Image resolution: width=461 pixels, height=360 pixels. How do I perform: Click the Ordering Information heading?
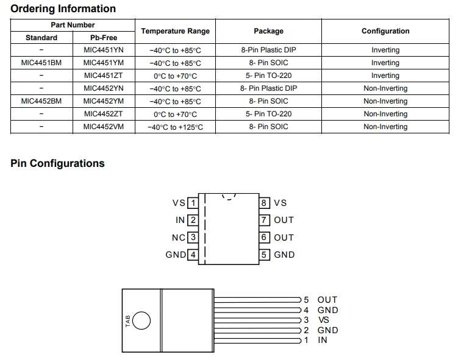click(63, 9)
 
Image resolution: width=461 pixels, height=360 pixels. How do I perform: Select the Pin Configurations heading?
click(57, 163)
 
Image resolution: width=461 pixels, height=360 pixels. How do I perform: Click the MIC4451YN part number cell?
click(104, 50)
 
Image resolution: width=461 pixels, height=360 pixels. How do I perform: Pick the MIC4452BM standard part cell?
click(41, 101)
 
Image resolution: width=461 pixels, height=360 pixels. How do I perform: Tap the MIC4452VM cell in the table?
click(104, 127)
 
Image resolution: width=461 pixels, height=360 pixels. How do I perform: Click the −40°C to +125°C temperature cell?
click(175, 127)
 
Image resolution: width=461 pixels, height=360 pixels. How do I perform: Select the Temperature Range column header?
click(175, 31)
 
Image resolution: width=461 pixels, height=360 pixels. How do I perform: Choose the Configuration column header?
click(385, 31)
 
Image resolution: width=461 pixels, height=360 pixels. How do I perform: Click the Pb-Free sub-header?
click(104, 38)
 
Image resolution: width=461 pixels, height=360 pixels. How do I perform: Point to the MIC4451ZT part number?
click(104, 76)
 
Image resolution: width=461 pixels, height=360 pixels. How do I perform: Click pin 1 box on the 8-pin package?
click(193, 203)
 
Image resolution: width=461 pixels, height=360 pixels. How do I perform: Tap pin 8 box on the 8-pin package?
click(264, 203)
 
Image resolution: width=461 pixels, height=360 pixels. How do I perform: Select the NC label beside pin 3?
click(179, 238)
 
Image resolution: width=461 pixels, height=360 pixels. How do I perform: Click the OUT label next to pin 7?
click(284, 221)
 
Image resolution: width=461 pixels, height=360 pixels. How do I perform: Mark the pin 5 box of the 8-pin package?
click(264, 255)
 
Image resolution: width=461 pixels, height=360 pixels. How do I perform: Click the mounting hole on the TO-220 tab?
click(141, 320)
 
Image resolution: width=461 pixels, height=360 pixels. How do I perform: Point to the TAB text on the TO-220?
click(127, 321)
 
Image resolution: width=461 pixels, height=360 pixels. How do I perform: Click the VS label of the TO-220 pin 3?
click(323, 320)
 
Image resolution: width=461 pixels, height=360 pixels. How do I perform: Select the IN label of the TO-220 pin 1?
click(323, 340)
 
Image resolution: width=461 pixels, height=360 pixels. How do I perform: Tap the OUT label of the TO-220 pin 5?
click(327, 300)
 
